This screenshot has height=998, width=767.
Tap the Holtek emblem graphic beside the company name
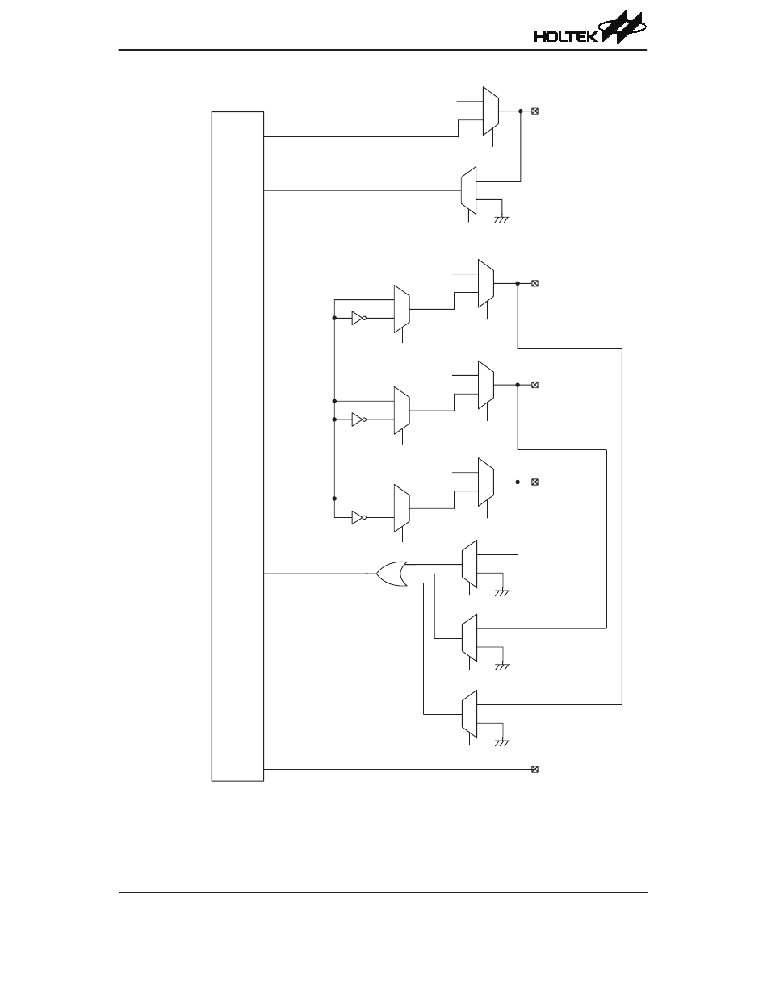click(x=622, y=28)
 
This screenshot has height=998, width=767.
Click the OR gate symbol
click(x=392, y=574)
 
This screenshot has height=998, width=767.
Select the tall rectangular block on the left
click(x=237, y=446)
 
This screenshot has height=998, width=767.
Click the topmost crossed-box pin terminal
click(x=534, y=111)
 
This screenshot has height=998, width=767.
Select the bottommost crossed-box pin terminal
click(x=534, y=770)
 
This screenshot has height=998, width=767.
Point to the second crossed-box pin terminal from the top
click(x=534, y=284)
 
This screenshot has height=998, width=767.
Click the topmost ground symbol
click(x=502, y=216)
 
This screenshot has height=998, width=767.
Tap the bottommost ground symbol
click(x=502, y=741)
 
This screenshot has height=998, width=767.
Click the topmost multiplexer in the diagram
click(x=490, y=111)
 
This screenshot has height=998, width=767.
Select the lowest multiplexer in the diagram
click(x=469, y=713)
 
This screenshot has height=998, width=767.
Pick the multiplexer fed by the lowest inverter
click(x=401, y=508)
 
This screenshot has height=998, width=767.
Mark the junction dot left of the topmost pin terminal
click(x=521, y=111)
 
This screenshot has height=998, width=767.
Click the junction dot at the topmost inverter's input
click(x=334, y=319)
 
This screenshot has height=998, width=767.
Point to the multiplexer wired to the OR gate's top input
click(x=469, y=564)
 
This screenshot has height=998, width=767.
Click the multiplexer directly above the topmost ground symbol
click(x=469, y=190)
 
